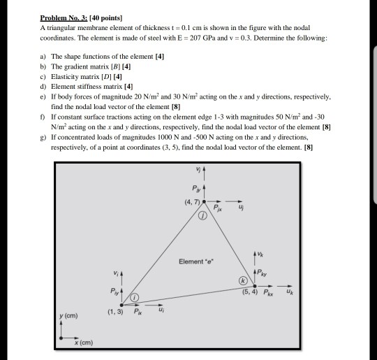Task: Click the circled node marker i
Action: (x=135, y=298)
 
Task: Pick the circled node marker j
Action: (x=203, y=217)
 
